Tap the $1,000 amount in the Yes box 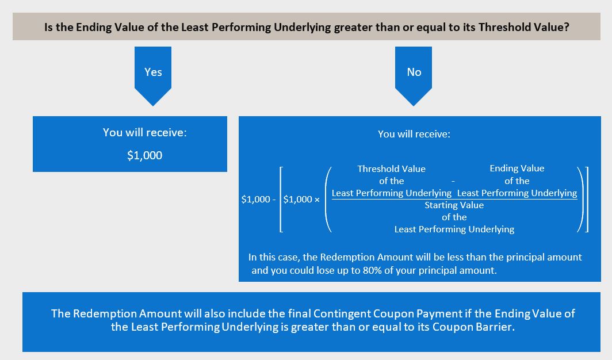point(144,155)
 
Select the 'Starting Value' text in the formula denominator point(454,205)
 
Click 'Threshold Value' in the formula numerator point(392,169)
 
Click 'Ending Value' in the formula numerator point(517,168)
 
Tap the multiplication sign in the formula point(317,200)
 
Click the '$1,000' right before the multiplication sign point(297,200)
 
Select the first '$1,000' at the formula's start point(255,200)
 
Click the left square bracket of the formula point(281,200)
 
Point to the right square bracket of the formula point(586,200)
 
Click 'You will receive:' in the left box point(145,133)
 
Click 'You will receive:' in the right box point(414,134)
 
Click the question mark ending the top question point(567,27)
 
